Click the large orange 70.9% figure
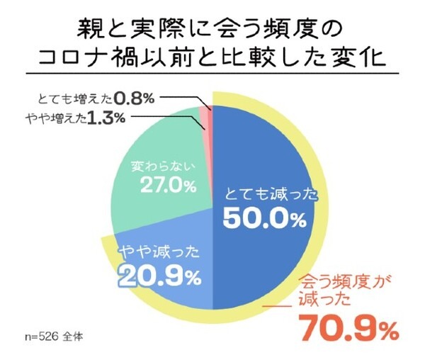[348, 327]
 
